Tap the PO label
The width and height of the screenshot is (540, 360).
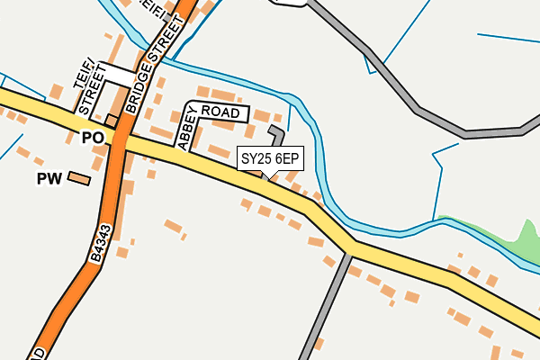[93, 138]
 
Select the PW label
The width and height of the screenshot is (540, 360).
[49, 179]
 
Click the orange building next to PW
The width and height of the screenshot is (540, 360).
[79, 179]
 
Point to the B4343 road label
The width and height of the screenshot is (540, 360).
[101, 243]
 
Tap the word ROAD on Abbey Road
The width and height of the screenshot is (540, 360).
[221, 112]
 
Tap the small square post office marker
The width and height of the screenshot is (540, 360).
[112, 121]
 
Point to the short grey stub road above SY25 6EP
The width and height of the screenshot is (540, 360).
[277, 136]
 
